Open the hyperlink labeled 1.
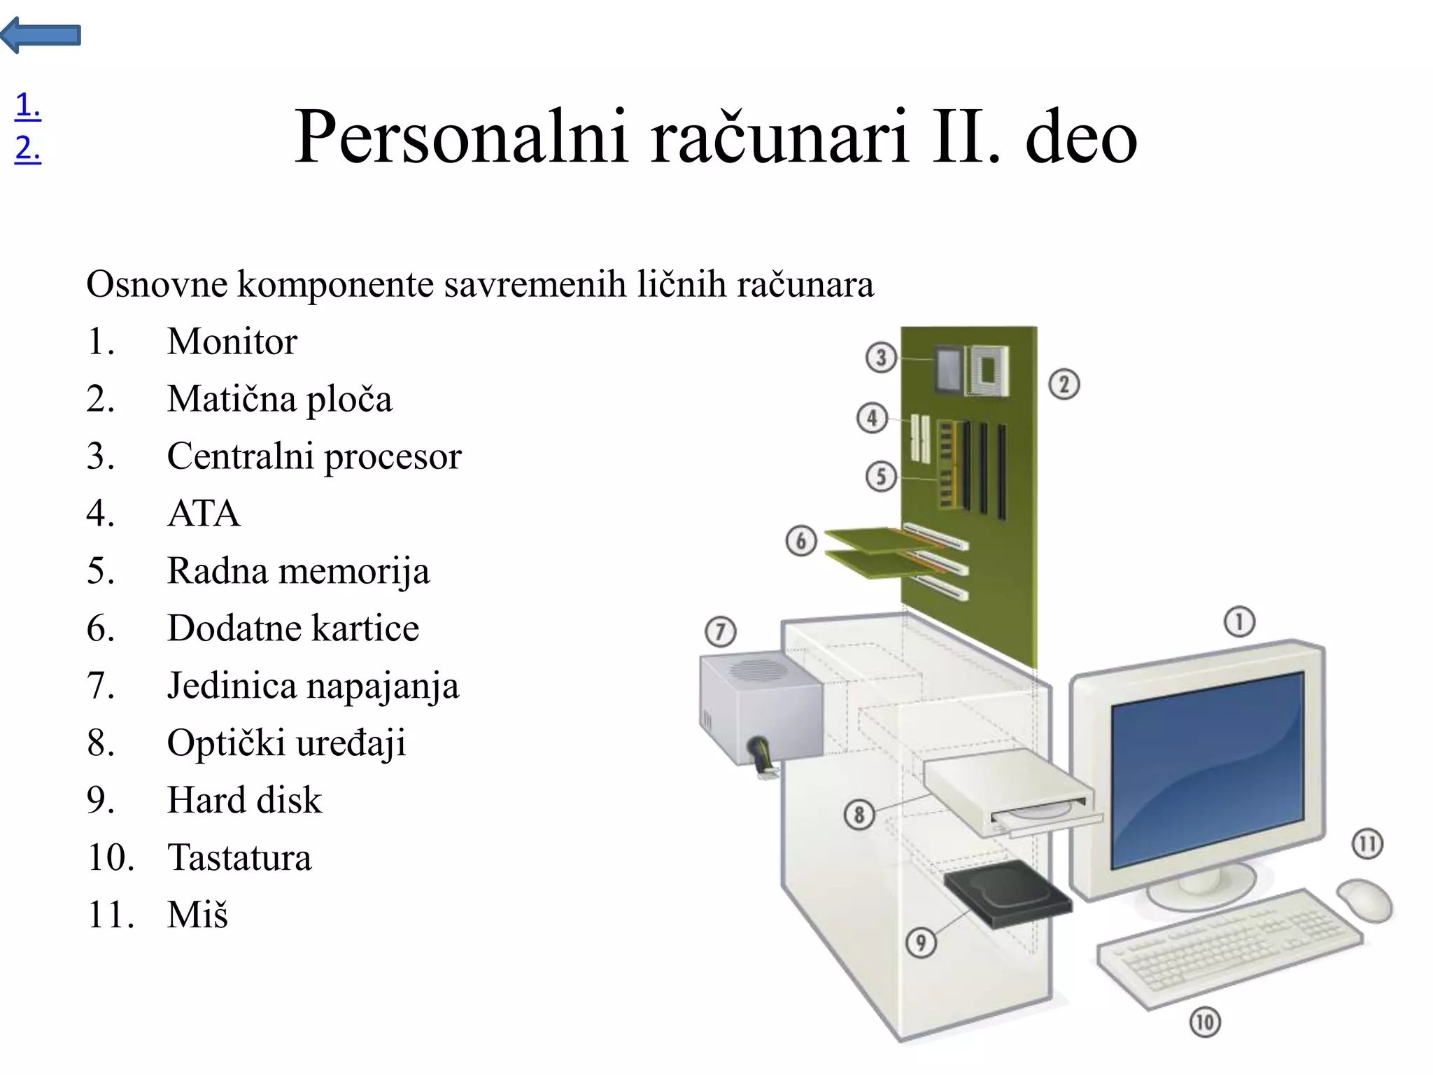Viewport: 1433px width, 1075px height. pos(27,105)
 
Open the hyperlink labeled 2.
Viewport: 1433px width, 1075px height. pos(27,148)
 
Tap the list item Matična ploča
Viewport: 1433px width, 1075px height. pos(279,399)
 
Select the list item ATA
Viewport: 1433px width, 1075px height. pos(203,513)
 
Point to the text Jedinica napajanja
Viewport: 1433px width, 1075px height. pos(313,685)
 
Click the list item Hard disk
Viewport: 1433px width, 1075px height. pos(244,800)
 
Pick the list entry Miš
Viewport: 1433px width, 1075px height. pos(197,915)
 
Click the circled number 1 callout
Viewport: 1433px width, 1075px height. pos(1239,621)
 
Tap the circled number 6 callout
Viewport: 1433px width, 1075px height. pos(801,541)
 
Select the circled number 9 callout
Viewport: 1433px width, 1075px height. pos(921,942)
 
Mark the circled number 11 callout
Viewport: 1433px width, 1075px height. pos(1367,843)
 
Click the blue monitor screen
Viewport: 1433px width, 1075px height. pos(1208,770)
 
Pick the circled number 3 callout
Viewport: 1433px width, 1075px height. pos(881,358)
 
